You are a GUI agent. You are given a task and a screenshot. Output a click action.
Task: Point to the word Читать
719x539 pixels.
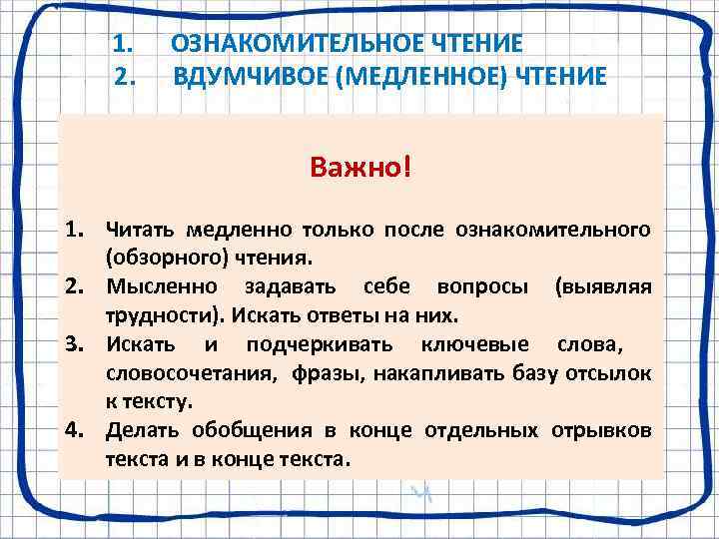tap(140, 231)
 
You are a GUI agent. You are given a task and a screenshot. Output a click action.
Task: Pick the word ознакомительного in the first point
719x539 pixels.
tap(553, 231)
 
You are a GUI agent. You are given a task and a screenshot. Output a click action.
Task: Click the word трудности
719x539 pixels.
tap(166, 316)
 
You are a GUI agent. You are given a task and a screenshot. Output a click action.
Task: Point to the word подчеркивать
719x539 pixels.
tap(317, 344)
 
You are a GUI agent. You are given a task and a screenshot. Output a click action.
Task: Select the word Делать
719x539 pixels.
tap(140, 430)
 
